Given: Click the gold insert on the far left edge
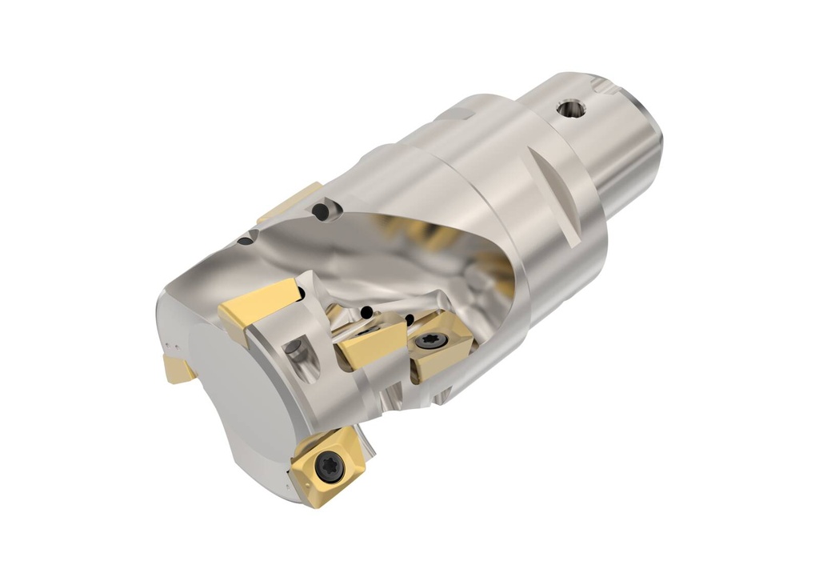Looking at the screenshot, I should pyautogui.click(x=178, y=369).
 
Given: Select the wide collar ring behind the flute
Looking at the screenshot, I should pyautogui.click(x=512, y=216).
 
